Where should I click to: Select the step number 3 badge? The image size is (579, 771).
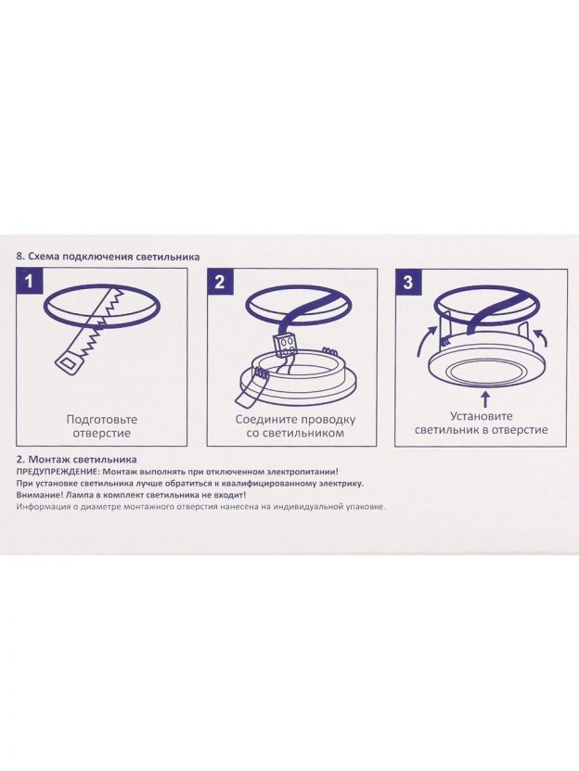click(408, 283)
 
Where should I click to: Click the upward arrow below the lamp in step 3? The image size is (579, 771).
click(485, 399)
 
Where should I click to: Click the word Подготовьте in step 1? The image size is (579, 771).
click(102, 420)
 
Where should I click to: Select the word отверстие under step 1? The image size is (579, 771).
click(102, 433)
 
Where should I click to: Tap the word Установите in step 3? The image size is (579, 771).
click(482, 416)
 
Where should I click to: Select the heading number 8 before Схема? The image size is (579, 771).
click(20, 257)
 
